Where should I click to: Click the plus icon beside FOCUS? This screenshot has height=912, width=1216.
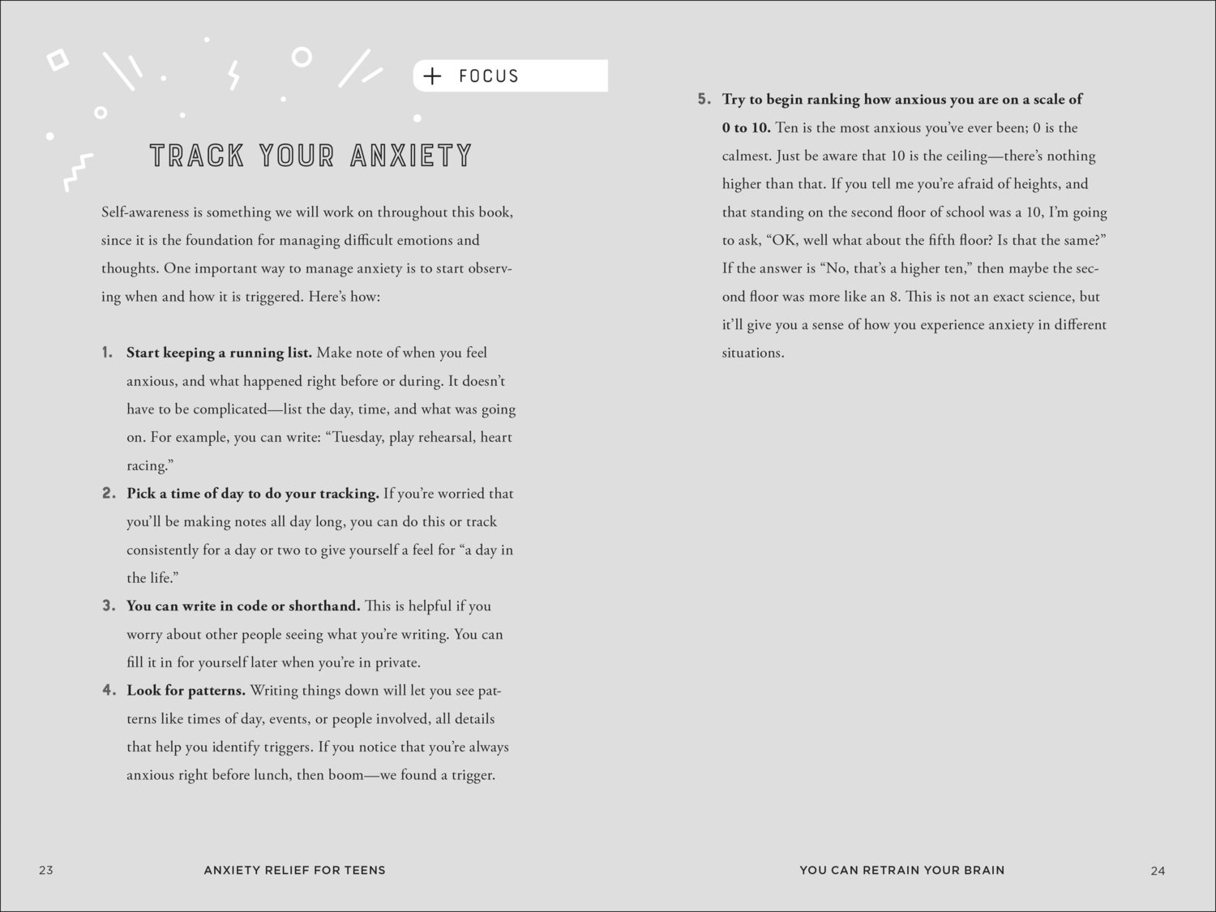coord(433,76)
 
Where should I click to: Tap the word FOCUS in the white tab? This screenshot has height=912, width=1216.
coord(488,76)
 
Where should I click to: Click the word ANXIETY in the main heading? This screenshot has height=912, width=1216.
coord(411,156)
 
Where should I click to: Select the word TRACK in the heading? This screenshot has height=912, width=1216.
coord(197,156)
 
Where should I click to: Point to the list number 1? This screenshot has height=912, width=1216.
coord(107,353)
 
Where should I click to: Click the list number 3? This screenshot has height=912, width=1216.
coord(109,606)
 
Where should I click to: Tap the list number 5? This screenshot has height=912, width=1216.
coord(704,99)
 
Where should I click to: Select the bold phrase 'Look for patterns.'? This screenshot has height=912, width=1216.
coord(186,691)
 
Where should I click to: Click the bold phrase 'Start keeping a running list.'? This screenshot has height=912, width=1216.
coord(219,353)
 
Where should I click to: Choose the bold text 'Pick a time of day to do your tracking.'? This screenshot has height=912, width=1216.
coord(252,494)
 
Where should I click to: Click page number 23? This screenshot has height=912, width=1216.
coord(46,870)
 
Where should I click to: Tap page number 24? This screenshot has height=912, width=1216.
coord(1158,871)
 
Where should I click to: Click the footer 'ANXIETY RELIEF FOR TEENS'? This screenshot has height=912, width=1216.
coord(294,870)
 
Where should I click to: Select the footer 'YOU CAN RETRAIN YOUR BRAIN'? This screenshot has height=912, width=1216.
coord(901,870)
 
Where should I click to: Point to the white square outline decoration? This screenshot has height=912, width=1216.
coord(58,60)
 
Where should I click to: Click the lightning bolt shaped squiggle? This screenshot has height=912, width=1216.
coord(234,75)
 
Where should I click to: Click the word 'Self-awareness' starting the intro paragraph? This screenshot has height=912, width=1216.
coord(146,212)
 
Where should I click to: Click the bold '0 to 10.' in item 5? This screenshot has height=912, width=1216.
coord(746,127)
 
